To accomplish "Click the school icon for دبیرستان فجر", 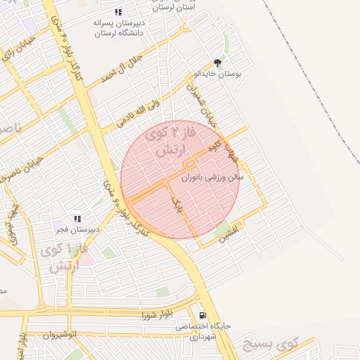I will [x=77, y=219].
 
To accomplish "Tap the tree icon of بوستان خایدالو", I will [x=217, y=63].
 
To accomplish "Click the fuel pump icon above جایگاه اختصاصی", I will [x=202, y=316].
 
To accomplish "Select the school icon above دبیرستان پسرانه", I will [x=118, y=11].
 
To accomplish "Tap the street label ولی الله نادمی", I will [x=138, y=113].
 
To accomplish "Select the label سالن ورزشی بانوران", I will [x=212, y=178].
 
